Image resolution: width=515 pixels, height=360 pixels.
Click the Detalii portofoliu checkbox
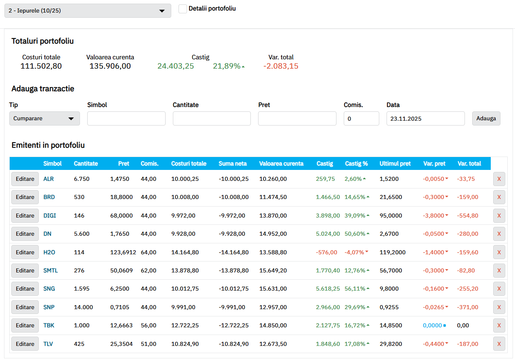pos(183,9)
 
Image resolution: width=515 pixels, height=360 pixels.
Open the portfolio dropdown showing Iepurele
pos(88,10)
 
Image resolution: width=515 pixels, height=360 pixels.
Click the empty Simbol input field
pos(126,119)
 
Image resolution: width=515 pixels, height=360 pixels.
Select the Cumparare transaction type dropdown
pos(44,119)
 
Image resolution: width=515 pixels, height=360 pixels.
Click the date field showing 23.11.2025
pos(426,119)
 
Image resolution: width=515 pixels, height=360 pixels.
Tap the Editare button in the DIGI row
pos(25,216)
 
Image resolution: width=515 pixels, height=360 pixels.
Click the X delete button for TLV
pos(499,344)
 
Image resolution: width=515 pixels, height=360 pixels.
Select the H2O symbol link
pos(49,252)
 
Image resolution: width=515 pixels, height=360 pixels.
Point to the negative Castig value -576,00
pos(326,252)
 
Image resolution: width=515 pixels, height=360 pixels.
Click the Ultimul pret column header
pos(395,163)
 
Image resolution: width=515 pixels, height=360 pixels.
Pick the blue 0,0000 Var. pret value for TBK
pos(433,325)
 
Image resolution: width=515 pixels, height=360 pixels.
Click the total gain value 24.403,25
pos(176,66)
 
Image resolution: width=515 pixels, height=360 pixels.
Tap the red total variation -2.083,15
pos(281,66)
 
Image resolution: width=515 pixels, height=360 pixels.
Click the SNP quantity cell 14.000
pos(83,307)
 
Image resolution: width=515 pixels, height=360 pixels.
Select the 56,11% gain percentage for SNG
pos(355,289)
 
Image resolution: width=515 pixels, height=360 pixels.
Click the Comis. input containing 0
pos(362,119)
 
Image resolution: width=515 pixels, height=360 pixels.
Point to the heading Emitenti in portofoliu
pos(48,145)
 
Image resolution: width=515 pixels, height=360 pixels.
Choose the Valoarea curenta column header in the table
pos(281,163)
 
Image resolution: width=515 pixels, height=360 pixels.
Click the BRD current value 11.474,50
pos(273,197)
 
